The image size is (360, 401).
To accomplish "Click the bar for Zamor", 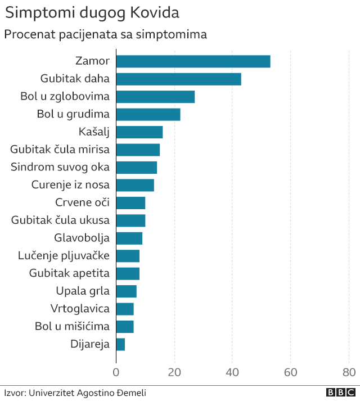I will pyautogui.click(x=193, y=61).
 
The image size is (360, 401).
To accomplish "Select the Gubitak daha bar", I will pyautogui.click(x=178, y=79).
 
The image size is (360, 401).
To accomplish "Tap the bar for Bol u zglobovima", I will pyautogui.click(x=155, y=97).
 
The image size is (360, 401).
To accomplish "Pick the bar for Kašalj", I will pyautogui.click(x=139, y=132).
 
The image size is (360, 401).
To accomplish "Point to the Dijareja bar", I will pyautogui.click(x=120, y=344).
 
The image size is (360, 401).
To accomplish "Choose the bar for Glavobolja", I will pyautogui.click(x=129, y=238).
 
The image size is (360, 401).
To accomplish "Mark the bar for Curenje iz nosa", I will pyautogui.click(x=135, y=185).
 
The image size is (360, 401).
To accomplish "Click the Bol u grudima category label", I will pyautogui.click(x=73, y=114).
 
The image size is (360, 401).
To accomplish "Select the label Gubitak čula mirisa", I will pyautogui.click(x=60, y=150).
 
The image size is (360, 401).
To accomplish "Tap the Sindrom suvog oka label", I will pyautogui.click(x=60, y=167).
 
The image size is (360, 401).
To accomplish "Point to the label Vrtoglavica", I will pyautogui.click(x=80, y=309).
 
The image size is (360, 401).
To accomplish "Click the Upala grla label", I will pyautogui.click(x=83, y=291).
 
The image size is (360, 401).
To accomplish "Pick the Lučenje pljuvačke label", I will pyautogui.click(x=64, y=256).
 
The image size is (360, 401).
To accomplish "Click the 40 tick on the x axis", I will pyautogui.click(x=232, y=372).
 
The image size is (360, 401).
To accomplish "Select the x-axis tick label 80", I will pyautogui.click(x=349, y=372).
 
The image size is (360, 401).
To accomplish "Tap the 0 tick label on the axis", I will pyautogui.click(x=116, y=372).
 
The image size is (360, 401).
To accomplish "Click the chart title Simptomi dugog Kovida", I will pyautogui.click(x=93, y=13).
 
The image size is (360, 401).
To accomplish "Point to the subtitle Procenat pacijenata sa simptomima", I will pyautogui.click(x=106, y=34).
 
